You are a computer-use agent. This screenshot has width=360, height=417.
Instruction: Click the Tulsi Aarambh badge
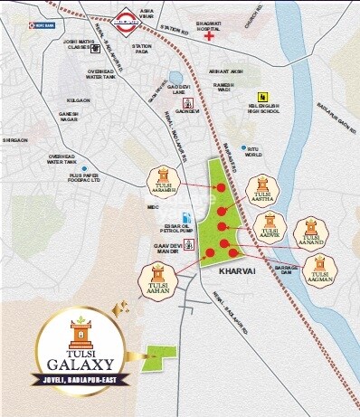click(x=164, y=179)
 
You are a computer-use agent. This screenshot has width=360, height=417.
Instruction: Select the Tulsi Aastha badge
click(x=262, y=186)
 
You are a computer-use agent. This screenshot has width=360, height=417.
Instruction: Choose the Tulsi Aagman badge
click(x=319, y=270)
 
